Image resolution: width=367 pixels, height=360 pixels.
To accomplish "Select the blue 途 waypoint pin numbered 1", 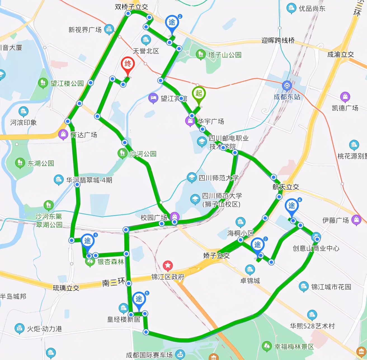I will coord(88,241).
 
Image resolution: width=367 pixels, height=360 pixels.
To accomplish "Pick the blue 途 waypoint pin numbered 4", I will coord(292,207).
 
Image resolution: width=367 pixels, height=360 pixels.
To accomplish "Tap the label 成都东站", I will coord(287,97).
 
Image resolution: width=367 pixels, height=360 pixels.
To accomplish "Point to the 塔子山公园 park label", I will coord(225,55).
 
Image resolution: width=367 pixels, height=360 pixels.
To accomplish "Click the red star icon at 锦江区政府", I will coord(168,266).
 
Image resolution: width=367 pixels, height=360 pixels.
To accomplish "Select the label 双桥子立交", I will coord(131,7).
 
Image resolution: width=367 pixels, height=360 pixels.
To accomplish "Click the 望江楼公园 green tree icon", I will coord(43,83).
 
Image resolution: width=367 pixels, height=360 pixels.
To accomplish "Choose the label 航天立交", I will coord(286,187).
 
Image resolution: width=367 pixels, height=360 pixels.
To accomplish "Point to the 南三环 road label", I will coord(114,283).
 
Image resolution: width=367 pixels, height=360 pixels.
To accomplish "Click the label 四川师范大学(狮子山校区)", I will coord(222,200).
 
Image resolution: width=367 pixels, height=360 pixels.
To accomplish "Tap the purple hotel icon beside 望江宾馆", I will coord(153,98).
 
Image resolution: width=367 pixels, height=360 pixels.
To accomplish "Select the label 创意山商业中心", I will coord(316,248).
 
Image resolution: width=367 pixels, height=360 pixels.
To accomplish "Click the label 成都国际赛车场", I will coord(149,355).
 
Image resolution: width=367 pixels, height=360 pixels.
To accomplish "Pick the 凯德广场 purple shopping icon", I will coord(345,97).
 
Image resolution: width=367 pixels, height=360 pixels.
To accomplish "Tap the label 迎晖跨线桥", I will coord(278,41).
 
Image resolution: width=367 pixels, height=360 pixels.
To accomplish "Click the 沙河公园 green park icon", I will coord(122,153).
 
